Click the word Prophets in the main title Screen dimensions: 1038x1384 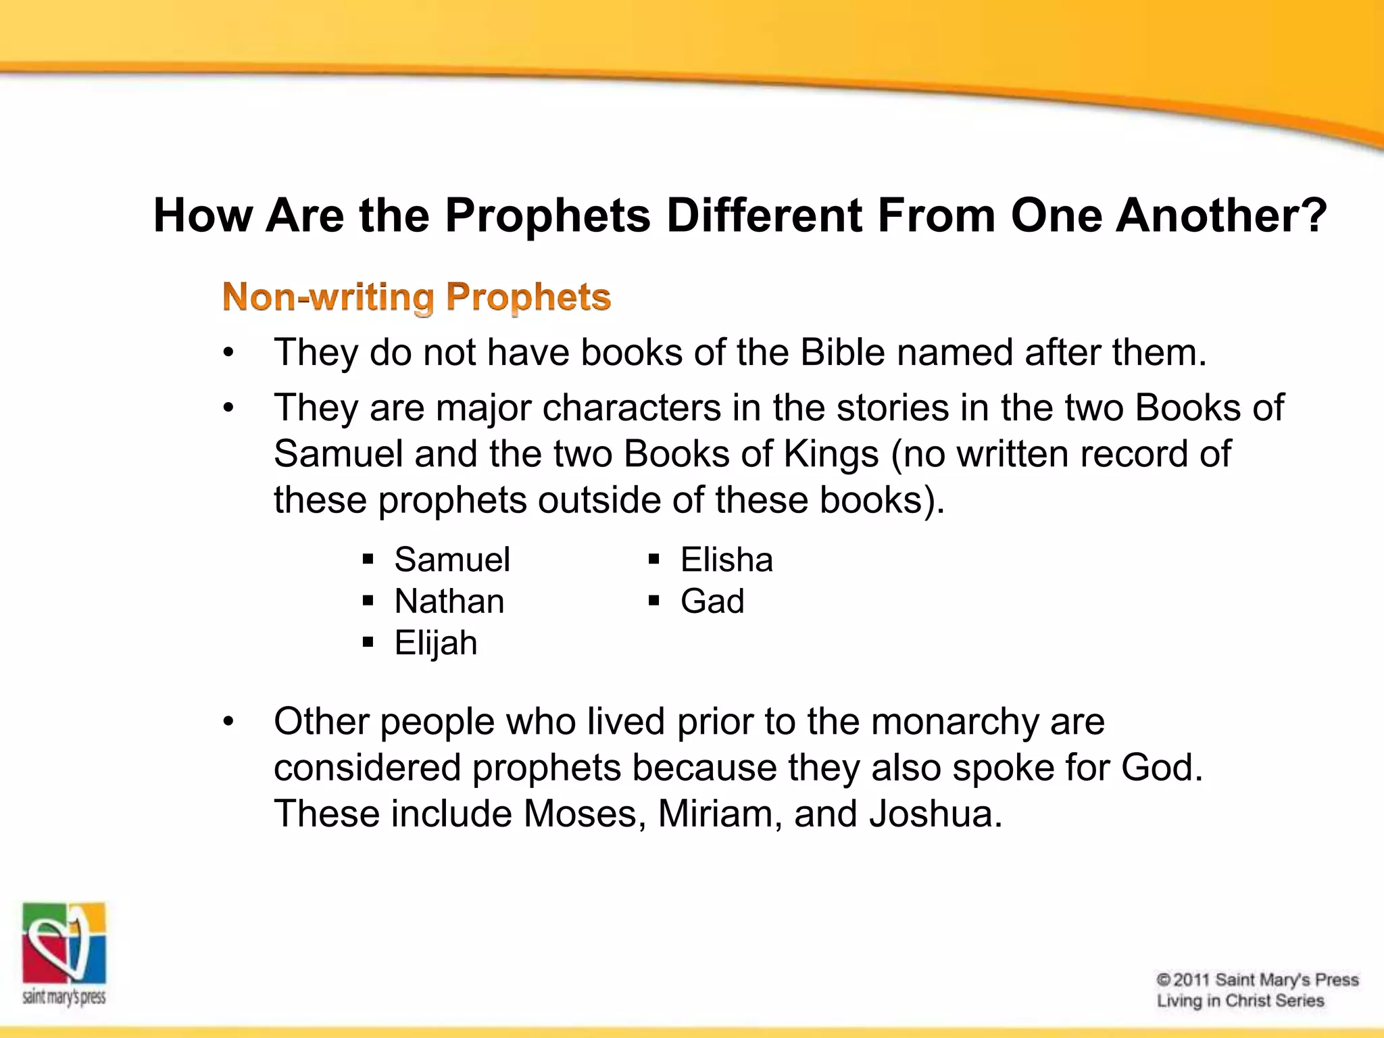pos(547,216)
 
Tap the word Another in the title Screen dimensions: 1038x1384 pos(1220,216)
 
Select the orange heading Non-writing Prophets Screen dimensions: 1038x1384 pos(416,297)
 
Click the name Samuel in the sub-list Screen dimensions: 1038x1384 pos(451,560)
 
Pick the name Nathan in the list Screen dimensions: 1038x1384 pos(449,601)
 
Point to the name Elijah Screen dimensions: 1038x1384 pos(435,643)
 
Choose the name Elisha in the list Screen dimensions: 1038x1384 pos(726,560)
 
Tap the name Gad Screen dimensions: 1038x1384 pos(712,601)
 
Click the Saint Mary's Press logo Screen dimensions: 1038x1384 pos(64,953)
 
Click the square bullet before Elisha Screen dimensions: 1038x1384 pos(653,560)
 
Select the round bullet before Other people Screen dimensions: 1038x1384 pos(228,722)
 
